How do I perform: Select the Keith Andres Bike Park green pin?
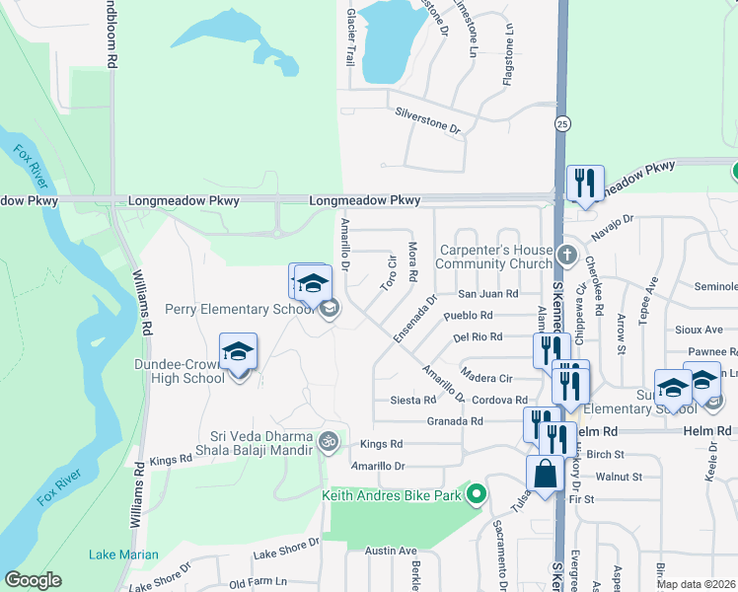coord(478,493)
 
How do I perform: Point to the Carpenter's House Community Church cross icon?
coord(565,255)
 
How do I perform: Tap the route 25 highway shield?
coord(561,123)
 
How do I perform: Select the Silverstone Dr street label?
coord(428,119)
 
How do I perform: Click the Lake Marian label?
coord(123,555)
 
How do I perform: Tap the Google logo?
coord(34,580)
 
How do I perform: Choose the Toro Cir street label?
coord(389,273)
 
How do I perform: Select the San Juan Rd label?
coord(488,294)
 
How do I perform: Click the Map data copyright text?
coord(696,584)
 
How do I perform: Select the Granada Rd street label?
coord(456,421)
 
